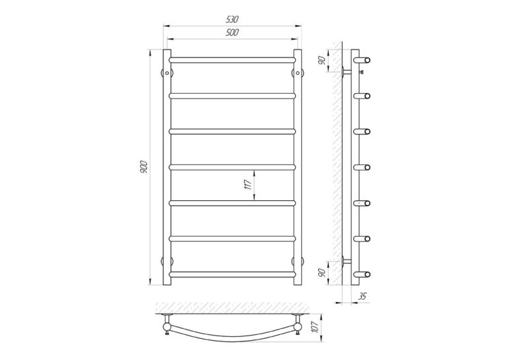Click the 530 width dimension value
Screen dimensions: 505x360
(x=232, y=19)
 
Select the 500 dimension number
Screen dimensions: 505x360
(x=232, y=32)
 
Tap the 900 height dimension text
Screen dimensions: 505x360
(x=144, y=167)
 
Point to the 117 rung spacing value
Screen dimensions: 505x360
(x=248, y=185)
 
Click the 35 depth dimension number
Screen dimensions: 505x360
(x=362, y=296)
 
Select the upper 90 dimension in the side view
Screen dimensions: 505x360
(x=321, y=60)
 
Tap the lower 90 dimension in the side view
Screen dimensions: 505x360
(x=321, y=273)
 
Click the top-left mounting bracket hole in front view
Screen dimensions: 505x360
(x=167, y=73)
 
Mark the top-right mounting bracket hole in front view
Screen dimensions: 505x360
(x=298, y=73)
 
